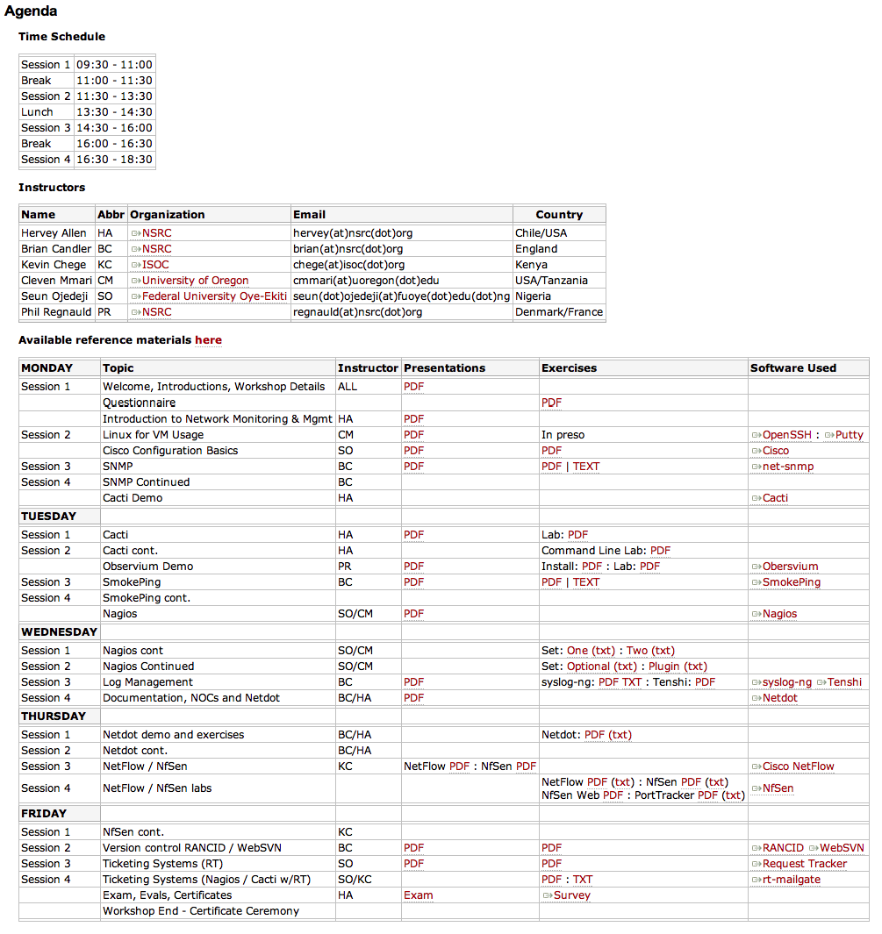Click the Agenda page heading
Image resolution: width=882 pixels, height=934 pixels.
[32, 11]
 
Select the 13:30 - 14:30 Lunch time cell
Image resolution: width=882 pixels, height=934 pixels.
[114, 112]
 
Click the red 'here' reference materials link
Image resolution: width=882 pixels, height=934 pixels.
[208, 340]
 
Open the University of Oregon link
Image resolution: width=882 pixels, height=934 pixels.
[195, 281]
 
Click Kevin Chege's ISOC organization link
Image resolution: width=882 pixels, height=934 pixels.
[155, 265]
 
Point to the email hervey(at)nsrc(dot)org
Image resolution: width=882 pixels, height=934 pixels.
[353, 233]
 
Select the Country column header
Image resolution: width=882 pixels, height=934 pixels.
[559, 215]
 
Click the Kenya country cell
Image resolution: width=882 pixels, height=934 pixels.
[531, 265]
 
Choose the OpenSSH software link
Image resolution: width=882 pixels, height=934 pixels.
[786, 435]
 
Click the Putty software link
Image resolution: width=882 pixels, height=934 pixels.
[849, 435]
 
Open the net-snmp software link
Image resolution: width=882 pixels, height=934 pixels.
[787, 467]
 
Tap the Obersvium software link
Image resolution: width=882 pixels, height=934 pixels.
[790, 567]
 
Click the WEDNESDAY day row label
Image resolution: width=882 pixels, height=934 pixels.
[59, 632]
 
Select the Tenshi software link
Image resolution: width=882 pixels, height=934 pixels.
[844, 682]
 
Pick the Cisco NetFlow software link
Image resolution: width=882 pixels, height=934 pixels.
[798, 766]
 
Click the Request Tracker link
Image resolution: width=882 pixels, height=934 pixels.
[804, 864]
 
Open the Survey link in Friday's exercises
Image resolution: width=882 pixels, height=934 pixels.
[571, 895]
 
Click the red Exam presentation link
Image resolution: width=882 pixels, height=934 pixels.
[418, 895]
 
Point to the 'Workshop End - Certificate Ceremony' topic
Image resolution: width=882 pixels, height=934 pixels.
[201, 911]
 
